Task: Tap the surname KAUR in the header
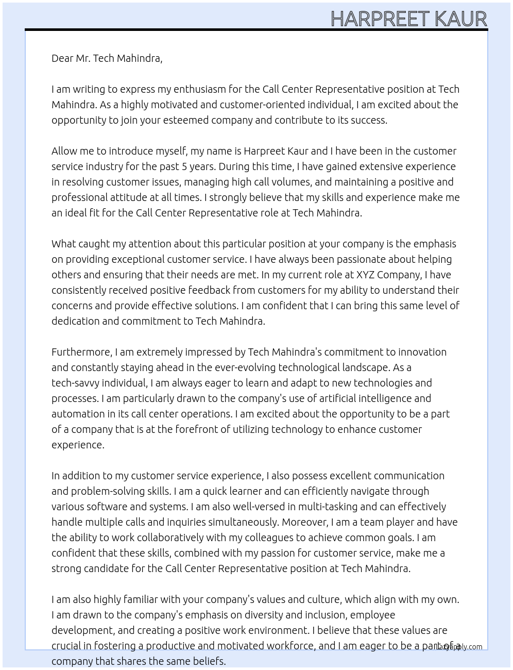point(461,19)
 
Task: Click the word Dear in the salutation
point(62,58)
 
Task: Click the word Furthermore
point(81,352)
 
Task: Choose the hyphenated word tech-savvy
point(75,383)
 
